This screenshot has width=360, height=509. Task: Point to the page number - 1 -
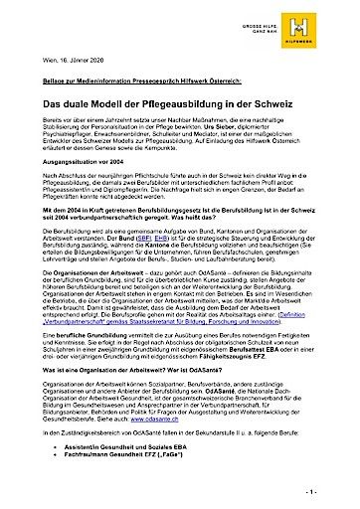338,492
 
